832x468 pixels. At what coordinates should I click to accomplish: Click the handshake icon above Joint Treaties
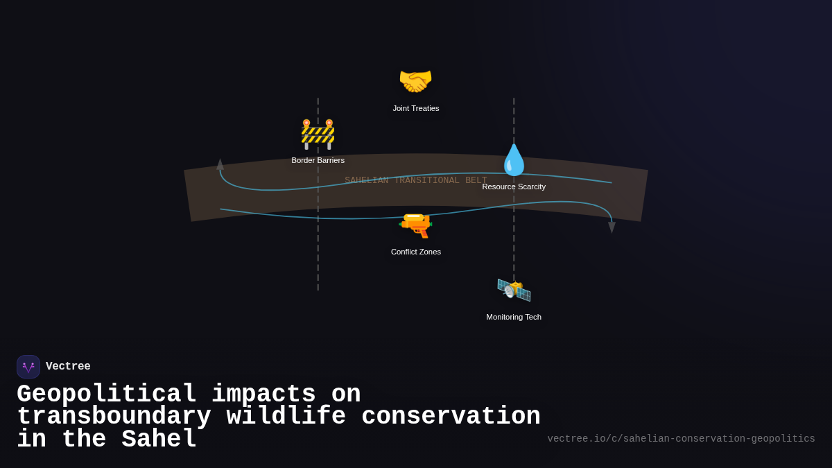click(x=415, y=81)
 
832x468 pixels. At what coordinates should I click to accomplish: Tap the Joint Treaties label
click(x=416, y=108)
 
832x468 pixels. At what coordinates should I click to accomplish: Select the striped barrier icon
click(x=318, y=134)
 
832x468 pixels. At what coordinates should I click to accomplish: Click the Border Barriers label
click(x=318, y=160)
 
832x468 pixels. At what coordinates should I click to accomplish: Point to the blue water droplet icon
click(x=514, y=160)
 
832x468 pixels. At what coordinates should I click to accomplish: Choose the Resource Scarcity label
click(x=514, y=187)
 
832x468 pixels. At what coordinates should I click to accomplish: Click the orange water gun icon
click(x=415, y=225)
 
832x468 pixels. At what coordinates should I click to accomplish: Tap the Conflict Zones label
click(x=416, y=252)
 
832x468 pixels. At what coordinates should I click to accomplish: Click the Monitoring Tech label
click(x=514, y=317)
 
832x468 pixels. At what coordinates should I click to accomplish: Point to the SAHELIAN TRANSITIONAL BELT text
click(x=415, y=180)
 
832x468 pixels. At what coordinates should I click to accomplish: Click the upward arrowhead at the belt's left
click(x=220, y=164)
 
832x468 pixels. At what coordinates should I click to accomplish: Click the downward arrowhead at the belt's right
click(x=612, y=227)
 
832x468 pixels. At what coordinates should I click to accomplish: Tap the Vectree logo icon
click(x=28, y=367)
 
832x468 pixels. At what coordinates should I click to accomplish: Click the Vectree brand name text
click(x=68, y=367)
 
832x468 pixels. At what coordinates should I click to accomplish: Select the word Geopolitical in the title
click(x=106, y=395)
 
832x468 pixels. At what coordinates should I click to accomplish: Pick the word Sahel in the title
click(x=159, y=440)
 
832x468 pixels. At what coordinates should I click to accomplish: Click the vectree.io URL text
click(x=681, y=439)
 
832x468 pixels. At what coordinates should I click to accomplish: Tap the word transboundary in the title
click(x=114, y=417)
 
